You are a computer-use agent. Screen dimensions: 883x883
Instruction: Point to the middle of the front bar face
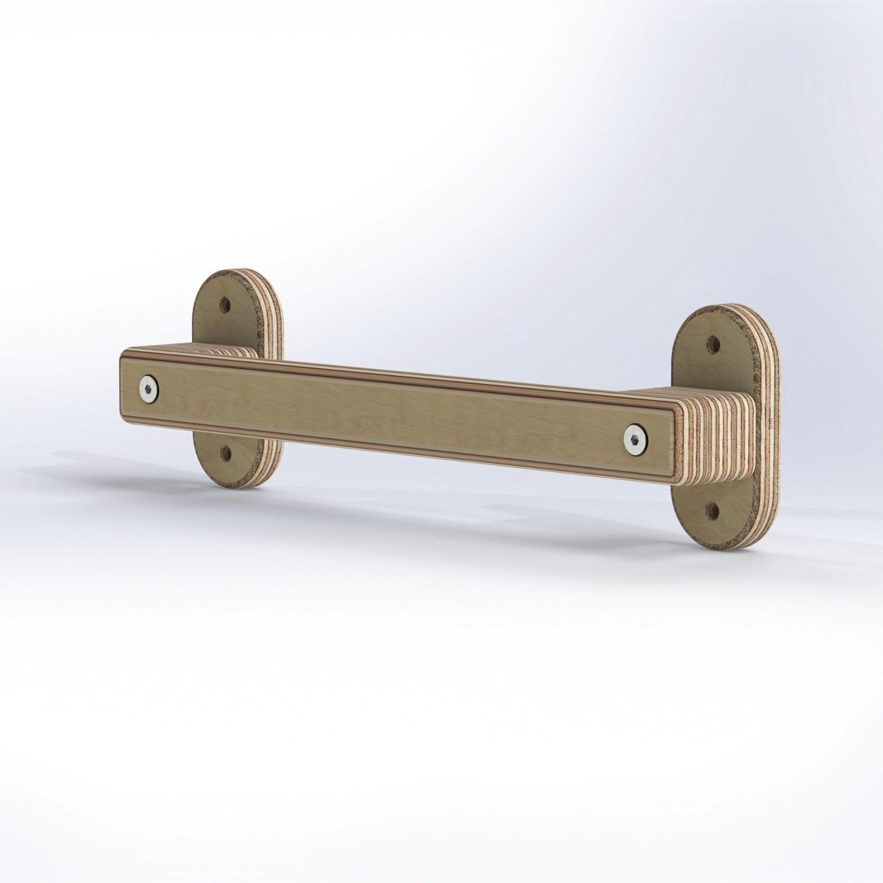(x=397, y=411)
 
